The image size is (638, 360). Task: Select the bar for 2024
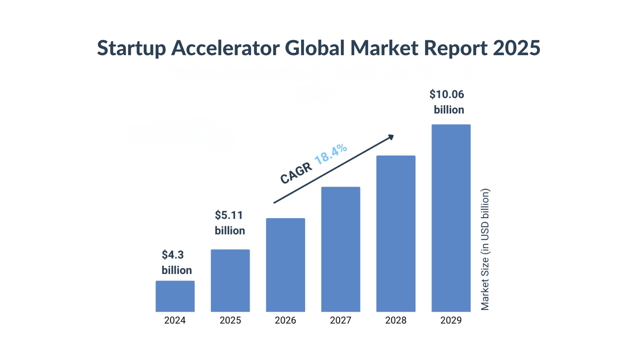[175, 296]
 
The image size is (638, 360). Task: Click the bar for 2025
[230, 281]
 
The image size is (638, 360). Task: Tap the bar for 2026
[285, 265]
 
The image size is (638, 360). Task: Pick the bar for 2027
[341, 249]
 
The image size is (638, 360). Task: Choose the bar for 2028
[396, 234]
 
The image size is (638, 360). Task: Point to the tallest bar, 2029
[451, 218]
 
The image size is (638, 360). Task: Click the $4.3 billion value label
[176, 262]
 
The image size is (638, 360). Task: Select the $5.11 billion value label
[230, 223]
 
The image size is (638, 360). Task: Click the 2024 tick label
[175, 320]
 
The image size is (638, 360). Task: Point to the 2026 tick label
[285, 320]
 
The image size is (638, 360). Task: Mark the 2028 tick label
[395, 320]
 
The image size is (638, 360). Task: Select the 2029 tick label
[451, 320]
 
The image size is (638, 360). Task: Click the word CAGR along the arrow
[296, 173]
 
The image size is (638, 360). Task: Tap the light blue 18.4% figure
[331, 154]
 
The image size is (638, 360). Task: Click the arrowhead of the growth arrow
[391, 137]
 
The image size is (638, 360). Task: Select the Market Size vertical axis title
[485, 249]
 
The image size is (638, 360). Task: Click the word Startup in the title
[132, 48]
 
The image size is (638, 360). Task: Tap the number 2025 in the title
[516, 48]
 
